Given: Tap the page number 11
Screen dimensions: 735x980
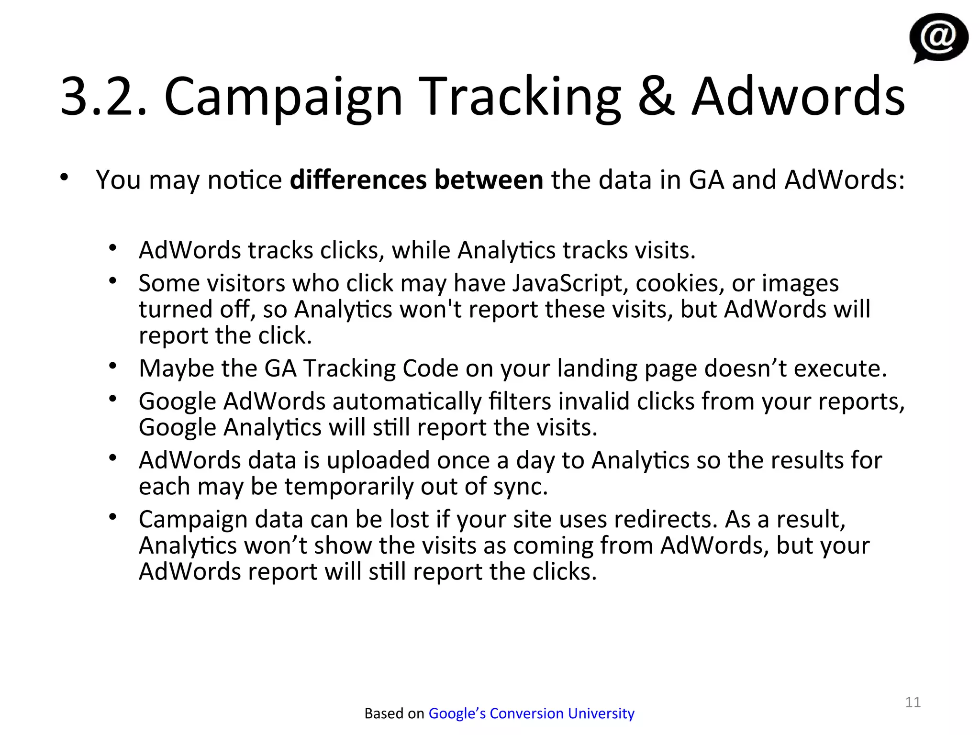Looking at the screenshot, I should point(913,702).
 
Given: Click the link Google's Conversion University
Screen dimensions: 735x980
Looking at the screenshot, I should point(531,713).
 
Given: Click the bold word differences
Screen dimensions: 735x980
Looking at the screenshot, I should point(358,180).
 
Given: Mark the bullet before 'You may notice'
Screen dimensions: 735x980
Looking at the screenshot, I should point(65,178).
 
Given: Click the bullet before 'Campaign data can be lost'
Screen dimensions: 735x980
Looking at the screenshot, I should point(113,517).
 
